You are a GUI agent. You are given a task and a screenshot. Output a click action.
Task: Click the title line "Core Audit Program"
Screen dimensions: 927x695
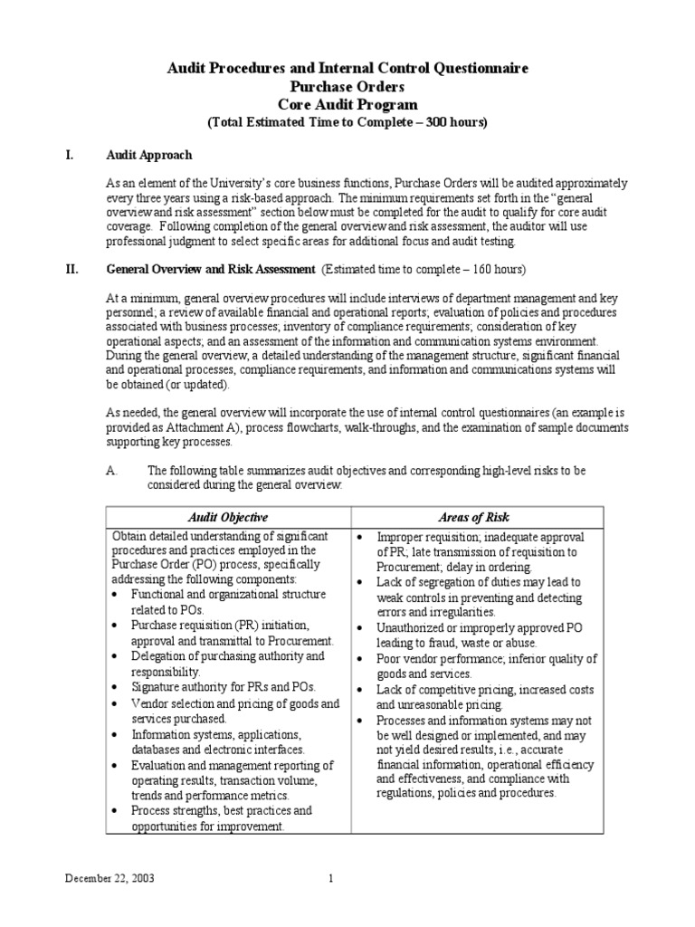(347, 104)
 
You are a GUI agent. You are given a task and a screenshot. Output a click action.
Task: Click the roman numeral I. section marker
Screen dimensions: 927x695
(68, 156)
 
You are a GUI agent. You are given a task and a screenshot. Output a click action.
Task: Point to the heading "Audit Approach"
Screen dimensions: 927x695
(149, 156)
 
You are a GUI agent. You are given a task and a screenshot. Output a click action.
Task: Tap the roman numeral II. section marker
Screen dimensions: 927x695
(71, 269)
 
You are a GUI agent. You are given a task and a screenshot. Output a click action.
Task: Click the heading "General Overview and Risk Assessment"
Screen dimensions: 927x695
(211, 269)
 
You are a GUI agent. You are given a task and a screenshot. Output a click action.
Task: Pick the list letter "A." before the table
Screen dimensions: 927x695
(113, 471)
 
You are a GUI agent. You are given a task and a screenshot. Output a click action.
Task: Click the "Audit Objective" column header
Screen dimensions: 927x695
(227, 517)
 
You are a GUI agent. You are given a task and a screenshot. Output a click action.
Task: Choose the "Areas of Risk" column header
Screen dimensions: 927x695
(473, 517)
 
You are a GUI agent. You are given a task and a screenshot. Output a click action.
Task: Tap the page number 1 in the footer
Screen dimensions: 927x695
(331, 878)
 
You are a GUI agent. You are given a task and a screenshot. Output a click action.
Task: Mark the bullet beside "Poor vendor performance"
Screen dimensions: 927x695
(361, 658)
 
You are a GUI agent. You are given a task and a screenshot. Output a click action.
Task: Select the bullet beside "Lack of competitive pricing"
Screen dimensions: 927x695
(361, 690)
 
